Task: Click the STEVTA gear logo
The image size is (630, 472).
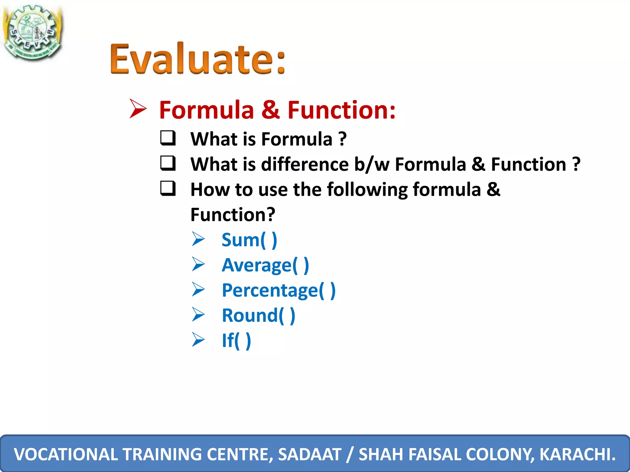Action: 32,32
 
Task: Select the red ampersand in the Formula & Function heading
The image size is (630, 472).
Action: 270,110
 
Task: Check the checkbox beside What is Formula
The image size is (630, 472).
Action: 168,138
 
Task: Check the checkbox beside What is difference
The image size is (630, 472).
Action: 168,163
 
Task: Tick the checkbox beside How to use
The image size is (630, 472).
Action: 168,188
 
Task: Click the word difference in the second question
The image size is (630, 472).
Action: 305,164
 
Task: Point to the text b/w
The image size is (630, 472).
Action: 372,164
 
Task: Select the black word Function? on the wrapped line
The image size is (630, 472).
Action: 233,214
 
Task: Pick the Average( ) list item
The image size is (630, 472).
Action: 265,265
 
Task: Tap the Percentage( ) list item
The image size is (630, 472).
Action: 278,290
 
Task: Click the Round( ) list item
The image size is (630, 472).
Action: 258,315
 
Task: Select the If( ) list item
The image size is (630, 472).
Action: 236,340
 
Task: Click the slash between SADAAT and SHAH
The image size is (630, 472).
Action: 350,454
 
